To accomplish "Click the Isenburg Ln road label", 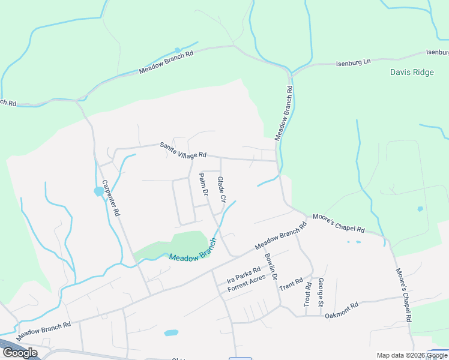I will pos(354,62).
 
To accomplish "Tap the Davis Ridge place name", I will pos(412,72).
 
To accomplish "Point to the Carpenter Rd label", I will pos(111,198).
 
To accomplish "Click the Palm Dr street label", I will pos(203,185).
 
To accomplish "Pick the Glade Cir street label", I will pos(221,189).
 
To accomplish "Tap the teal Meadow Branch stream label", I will pos(192,250).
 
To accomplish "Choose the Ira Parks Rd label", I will pos(243,275).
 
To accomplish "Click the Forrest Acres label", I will pos(246,284).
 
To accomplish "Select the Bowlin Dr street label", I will pos(271,267).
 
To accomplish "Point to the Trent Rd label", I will pos(291,282).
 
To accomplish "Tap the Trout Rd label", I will pos(307,294).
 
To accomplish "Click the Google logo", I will pos(20,353).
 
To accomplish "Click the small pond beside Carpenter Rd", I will pos(98,192).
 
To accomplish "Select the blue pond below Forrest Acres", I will pos(171,332).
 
